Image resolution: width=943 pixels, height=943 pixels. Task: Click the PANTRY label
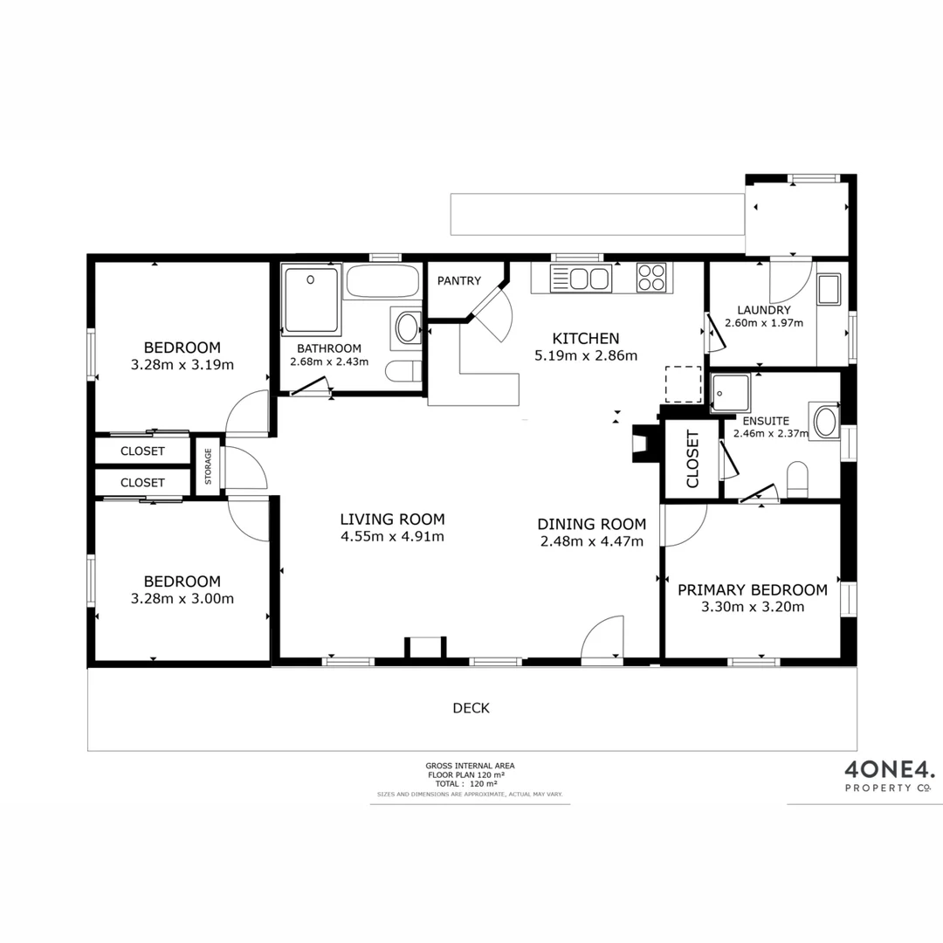(459, 280)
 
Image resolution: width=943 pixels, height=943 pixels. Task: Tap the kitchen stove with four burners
(650, 278)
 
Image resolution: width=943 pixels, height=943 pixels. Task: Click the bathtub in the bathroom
(382, 281)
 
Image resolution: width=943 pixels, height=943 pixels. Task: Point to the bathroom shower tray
(310, 300)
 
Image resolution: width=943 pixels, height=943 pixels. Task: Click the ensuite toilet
(797, 481)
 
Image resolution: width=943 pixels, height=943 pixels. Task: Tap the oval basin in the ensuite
(825, 421)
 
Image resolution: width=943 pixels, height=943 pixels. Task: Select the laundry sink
(828, 289)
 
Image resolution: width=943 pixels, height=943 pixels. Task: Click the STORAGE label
(208, 466)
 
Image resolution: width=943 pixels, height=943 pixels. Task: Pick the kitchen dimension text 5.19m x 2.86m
(586, 355)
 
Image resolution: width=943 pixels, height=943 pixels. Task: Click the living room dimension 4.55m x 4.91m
(392, 536)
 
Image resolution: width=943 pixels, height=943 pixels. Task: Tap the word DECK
(471, 708)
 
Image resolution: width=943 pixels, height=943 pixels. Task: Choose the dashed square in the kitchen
(684, 384)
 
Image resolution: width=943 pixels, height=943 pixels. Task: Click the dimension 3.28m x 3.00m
(182, 598)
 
